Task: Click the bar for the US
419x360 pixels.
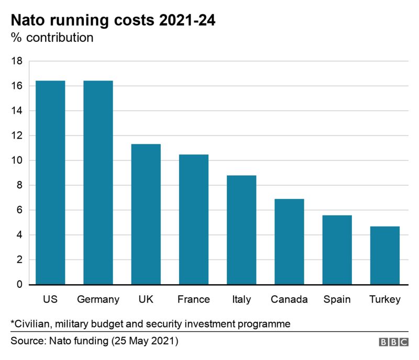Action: pyautogui.click(x=50, y=183)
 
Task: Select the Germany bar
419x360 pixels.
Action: pyautogui.click(x=98, y=183)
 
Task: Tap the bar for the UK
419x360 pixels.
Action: pyautogui.click(x=146, y=214)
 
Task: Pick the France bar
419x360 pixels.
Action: pyautogui.click(x=193, y=219)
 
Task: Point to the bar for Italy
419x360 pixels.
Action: pyautogui.click(x=241, y=230)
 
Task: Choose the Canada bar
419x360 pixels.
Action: pyautogui.click(x=289, y=242)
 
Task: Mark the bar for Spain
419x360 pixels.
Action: pyautogui.click(x=337, y=250)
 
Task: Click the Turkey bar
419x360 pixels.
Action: pyautogui.click(x=385, y=255)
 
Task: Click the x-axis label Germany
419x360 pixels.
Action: pyautogui.click(x=98, y=300)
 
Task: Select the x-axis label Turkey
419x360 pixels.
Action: pyautogui.click(x=385, y=300)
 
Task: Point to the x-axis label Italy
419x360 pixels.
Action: pyautogui.click(x=241, y=300)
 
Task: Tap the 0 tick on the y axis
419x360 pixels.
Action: pyautogui.click(x=19, y=285)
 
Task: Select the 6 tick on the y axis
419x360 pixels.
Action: pyautogui.click(x=19, y=210)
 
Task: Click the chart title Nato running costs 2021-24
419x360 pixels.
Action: pyautogui.click(x=113, y=21)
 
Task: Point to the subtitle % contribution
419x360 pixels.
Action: pyautogui.click(x=52, y=38)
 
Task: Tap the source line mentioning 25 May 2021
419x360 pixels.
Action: pyautogui.click(x=95, y=341)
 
